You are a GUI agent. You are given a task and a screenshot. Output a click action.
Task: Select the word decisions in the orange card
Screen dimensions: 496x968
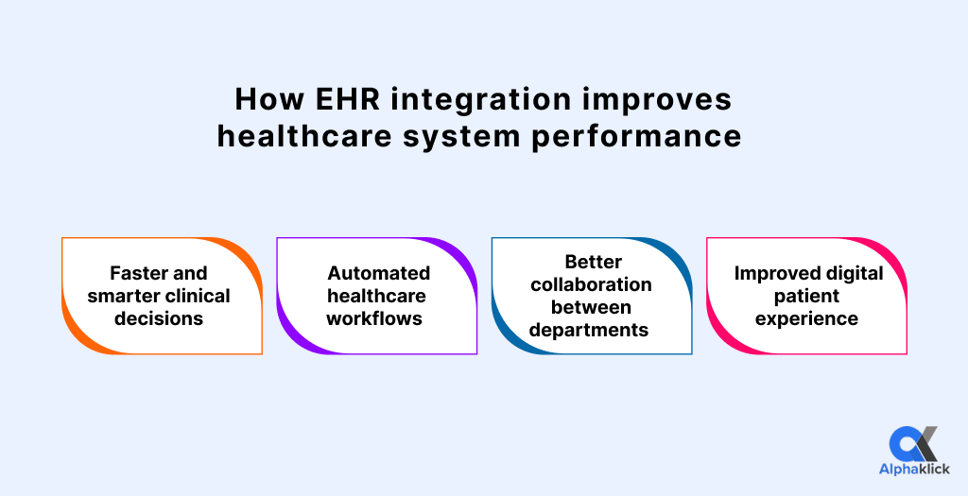(x=159, y=318)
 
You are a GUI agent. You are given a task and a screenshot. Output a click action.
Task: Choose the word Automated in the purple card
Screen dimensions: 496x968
(x=378, y=274)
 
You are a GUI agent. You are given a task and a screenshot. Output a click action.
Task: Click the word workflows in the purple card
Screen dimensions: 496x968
(x=374, y=318)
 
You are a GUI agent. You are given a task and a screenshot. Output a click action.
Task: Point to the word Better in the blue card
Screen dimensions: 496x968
(x=591, y=262)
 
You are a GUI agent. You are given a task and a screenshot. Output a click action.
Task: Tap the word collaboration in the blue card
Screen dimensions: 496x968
(x=591, y=284)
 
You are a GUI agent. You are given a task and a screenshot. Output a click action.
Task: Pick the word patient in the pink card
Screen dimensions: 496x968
(x=806, y=296)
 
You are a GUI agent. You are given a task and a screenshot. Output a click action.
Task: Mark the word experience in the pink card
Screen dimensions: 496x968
(x=806, y=318)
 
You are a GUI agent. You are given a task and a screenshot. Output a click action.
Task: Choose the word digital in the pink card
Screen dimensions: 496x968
(x=854, y=274)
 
